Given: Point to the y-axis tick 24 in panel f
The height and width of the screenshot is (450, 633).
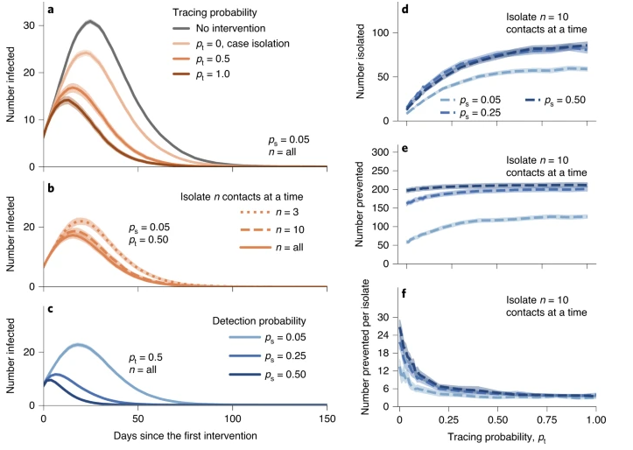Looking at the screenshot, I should point(381,334).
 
